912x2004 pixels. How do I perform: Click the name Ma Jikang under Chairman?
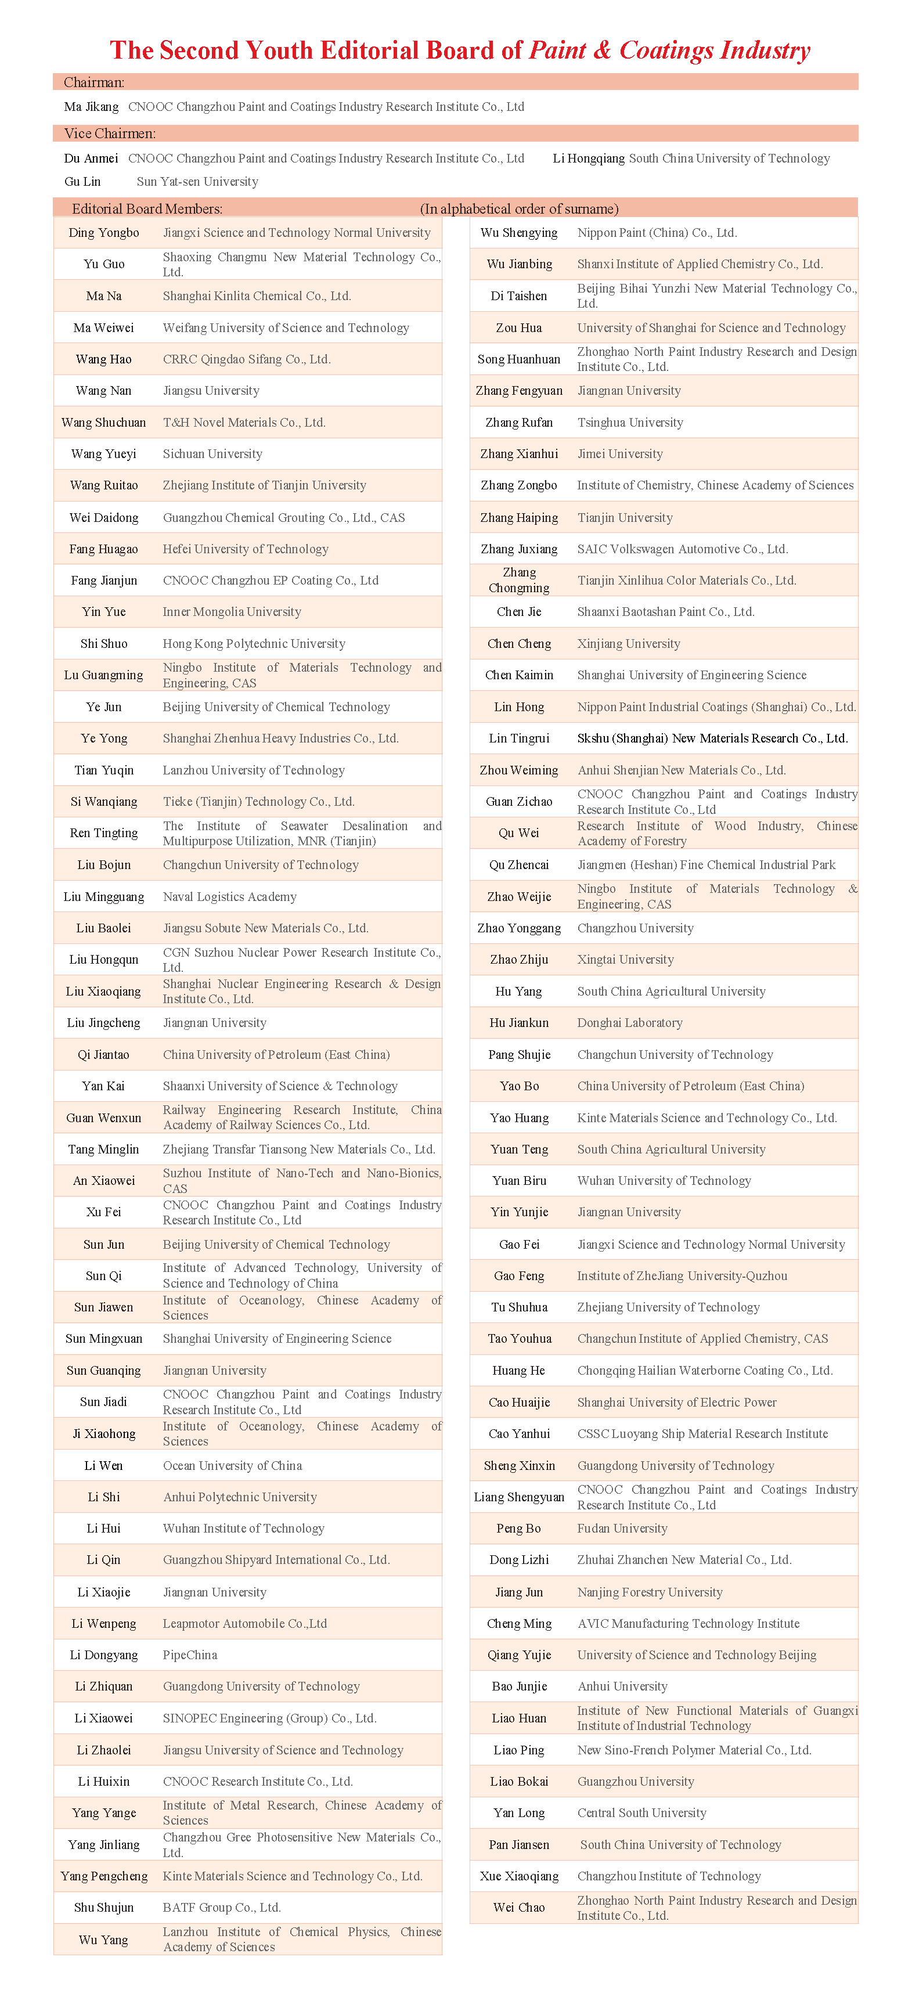91,107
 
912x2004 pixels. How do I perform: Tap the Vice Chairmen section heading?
110,134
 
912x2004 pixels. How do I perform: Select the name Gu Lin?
82,181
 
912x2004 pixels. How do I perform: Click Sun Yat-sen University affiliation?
197,181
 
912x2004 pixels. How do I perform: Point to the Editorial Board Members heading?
147,208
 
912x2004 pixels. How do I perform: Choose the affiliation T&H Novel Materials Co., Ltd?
244,423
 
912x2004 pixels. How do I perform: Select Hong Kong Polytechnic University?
254,643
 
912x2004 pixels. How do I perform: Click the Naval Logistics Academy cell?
229,896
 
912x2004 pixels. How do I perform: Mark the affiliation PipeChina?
190,1655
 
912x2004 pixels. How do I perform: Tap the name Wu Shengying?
519,233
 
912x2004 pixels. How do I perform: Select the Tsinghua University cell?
630,423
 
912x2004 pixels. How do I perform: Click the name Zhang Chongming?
519,581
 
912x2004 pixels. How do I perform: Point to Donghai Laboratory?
629,1022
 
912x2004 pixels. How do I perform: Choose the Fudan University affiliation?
622,1528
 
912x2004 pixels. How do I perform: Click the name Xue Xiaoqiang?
519,1876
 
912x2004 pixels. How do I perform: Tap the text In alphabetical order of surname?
519,208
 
